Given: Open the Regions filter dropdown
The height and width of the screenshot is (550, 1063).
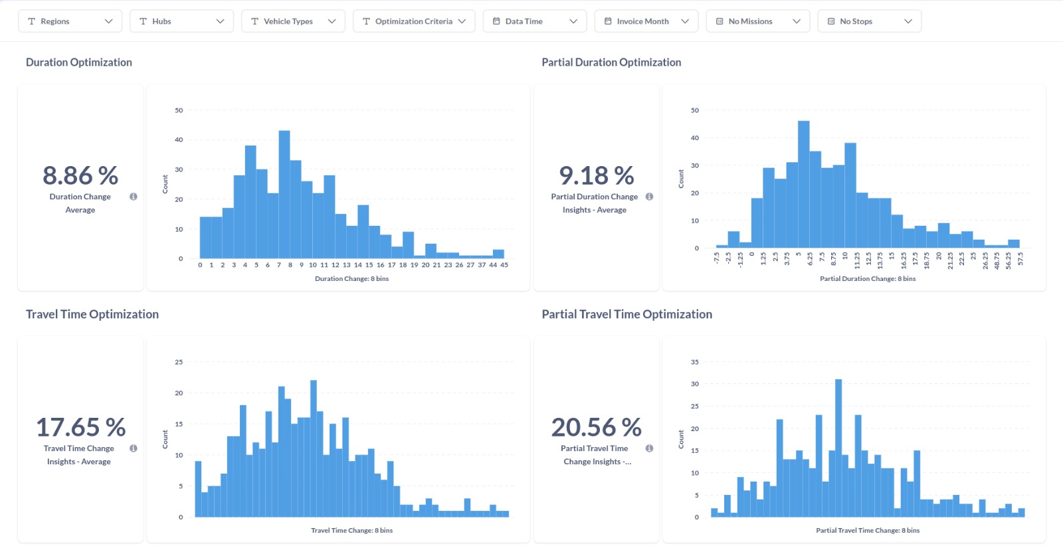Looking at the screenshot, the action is click(70, 21).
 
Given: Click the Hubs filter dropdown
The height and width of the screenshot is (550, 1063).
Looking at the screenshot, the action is click(182, 21).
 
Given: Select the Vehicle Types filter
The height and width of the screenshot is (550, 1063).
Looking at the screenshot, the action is click(293, 21).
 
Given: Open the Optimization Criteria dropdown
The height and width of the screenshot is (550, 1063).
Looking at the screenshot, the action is click(414, 21).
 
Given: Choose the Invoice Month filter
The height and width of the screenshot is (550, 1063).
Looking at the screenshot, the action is click(646, 21).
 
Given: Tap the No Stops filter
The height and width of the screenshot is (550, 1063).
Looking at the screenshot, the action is click(870, 21).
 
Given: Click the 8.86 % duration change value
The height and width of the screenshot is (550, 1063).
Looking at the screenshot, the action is click(80, 175).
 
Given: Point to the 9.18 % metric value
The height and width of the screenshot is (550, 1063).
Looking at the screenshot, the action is click(597, 175).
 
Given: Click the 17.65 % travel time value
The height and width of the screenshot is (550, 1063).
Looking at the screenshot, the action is click(80, 427).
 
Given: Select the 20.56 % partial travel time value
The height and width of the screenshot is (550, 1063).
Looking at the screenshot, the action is click(597, 427).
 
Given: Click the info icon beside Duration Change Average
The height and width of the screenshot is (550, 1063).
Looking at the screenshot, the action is click(134, 197).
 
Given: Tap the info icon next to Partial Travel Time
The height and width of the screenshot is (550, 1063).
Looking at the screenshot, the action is click(649, 448).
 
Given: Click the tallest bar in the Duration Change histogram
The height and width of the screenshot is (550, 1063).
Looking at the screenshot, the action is click(284, 195).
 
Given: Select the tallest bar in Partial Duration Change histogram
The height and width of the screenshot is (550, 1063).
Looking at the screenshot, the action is click(803, 184).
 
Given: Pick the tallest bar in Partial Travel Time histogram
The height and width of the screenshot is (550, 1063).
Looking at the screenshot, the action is click(838, 448).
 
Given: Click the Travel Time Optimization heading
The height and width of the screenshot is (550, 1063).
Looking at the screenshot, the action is click(92, 314).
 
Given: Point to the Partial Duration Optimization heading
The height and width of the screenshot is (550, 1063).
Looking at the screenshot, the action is click(611, 62).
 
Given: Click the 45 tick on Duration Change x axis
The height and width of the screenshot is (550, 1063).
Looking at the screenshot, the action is click(504, 265).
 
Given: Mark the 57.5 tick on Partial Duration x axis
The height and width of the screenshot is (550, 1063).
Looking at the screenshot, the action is click(1020, 259).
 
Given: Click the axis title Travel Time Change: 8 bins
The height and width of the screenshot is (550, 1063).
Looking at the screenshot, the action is click(351, 530).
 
